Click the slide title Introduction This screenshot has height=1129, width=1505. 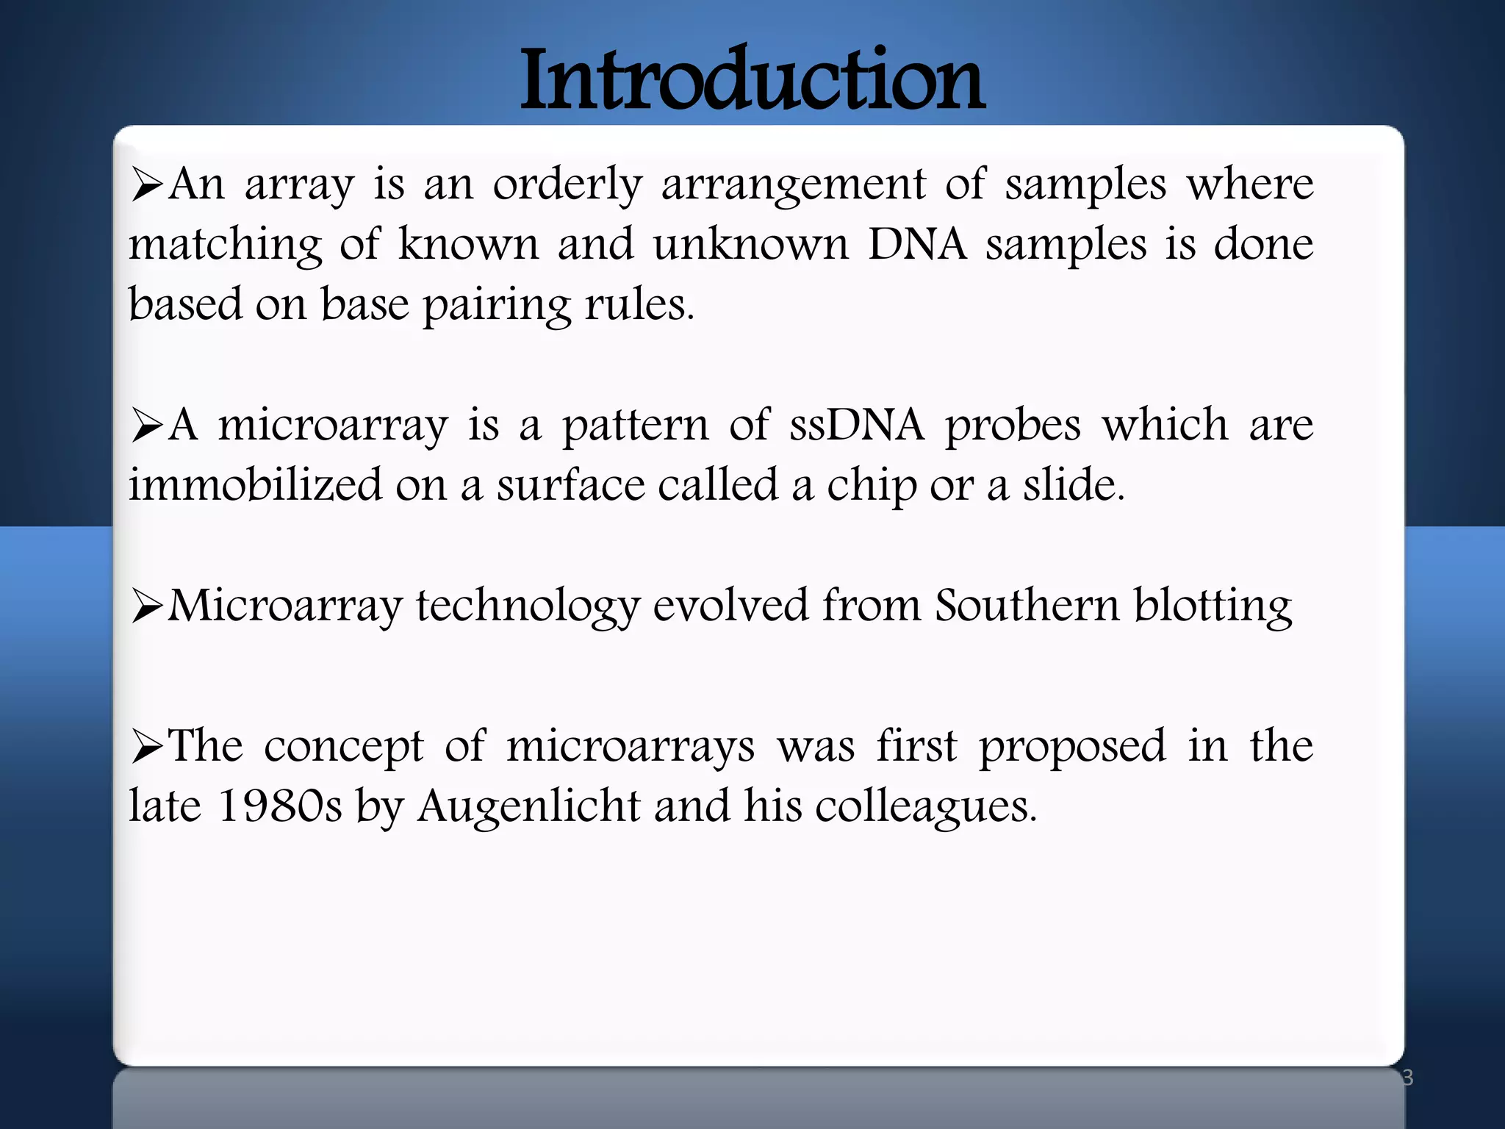pyautogui.click(x=752, y=79)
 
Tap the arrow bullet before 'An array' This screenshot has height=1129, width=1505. pyautogui.click(x=147, y=185)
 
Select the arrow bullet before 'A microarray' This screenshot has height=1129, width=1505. pyautogui.click(x=147, y=426)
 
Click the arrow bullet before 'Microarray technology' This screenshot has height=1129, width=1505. pyautogui.click(x=147, y=607)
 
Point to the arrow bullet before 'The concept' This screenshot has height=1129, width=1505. pyautogui.click(x=147, y=748)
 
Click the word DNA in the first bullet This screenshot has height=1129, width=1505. pyautogui.click(x=917, y=244)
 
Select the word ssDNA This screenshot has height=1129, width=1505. pyautogui.click(x=856, y=425)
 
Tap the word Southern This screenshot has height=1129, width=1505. pyautogui.click(x=1027, y=606)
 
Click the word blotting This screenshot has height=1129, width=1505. pyautogui.click(x=1213, y=607)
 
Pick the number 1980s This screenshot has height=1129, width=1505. pyautogui.click(x=280, y=806)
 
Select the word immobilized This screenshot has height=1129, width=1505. pyautogui.click(x=256, y=485)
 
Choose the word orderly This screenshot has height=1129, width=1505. pyautogui.click(x=567, y=185)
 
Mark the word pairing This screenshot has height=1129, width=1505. pyautogui.click(x=497, y=306)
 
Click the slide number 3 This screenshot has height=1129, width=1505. pyautogui.click(x=1407, y=1078)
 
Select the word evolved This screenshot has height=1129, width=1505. pyautogui.click(x=730, y=606)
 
